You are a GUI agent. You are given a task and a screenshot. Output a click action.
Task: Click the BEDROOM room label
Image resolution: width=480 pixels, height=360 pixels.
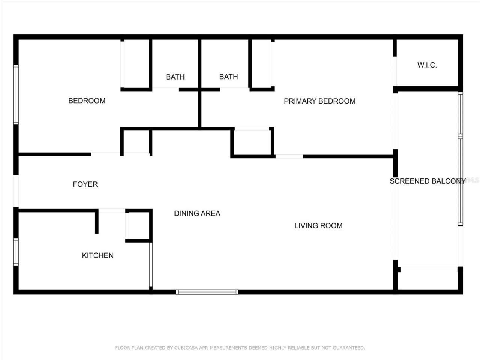pyautogui.click(x=87, y=100)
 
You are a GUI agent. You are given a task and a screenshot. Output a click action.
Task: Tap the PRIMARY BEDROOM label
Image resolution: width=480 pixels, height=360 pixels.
pyautogui.click(x=319, y=101)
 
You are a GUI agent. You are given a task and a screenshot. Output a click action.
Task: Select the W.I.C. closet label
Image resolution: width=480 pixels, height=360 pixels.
pyautogui.click(x=427, y=65)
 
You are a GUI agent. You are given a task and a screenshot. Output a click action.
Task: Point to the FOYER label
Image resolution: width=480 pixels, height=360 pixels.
pyautogui.click(x=85, y=184)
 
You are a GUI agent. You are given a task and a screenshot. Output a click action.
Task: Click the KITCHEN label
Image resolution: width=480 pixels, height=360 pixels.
pyautogui.click(x=97, y=255)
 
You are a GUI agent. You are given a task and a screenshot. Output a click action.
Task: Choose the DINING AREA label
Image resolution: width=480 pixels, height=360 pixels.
pyautogui.click(x=197, y=213)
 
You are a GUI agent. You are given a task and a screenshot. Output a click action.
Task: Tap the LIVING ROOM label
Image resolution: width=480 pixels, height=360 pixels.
pyautogui.click(x=318, y=225)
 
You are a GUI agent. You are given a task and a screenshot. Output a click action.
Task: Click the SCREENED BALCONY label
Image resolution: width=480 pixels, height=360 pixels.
pyautogui.click(x=427, y=181)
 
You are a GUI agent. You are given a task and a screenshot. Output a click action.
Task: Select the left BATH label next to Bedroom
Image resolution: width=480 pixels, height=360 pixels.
pyautogui.click(x=175, y=77)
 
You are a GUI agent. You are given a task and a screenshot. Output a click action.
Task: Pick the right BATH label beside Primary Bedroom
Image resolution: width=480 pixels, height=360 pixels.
pyautogui.click(x=228, y=76)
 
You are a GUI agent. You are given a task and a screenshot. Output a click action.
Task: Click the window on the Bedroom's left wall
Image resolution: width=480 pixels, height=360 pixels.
pyautogui.click(x=16, y=94)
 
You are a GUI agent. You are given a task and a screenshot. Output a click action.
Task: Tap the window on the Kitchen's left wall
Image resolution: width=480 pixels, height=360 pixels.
pyautogui.click(x=16, y=252)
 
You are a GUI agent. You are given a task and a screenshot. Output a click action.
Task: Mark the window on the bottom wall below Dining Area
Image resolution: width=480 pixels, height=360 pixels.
pyautogui.click(x=207, y=292)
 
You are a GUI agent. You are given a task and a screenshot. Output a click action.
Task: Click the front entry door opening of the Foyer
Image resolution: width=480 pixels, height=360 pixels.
pyautogui.click(x=16, y=191)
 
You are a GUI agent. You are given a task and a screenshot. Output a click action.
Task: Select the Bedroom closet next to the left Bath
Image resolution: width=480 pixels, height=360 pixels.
pyautogui.click(x=135, y=64)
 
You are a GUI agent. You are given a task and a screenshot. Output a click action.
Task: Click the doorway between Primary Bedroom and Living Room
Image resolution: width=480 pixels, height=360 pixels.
pyautogui.click(x=289, y=156)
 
